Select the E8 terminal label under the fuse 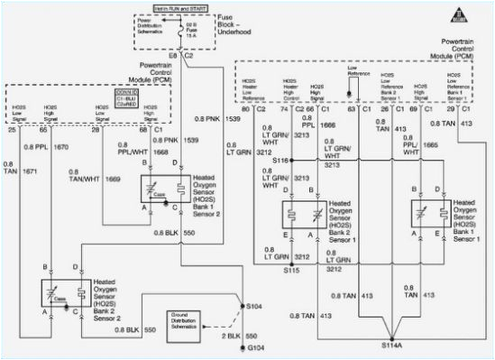[x=174, y=56]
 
